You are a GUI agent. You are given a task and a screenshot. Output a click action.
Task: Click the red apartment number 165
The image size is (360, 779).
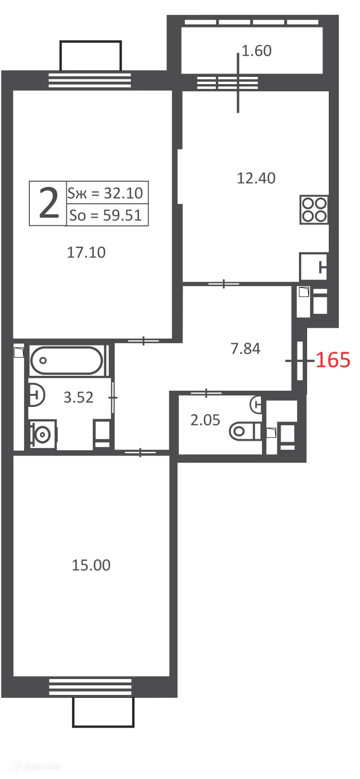click(333, 360)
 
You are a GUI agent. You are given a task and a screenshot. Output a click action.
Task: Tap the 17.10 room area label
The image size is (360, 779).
click(86, 252)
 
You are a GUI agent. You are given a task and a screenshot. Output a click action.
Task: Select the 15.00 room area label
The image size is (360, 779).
click(91, 565)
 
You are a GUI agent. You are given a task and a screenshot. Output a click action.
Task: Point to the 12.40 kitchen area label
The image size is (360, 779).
click(256, 178)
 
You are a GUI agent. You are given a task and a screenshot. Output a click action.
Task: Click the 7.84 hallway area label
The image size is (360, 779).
click(245, 348)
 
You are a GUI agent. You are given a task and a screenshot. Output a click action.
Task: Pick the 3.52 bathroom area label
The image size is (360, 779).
click(78, 397)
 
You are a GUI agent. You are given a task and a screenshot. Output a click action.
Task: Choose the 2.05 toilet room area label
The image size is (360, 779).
click(205, 420)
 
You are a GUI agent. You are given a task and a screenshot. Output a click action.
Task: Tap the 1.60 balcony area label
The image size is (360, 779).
click(257, 51)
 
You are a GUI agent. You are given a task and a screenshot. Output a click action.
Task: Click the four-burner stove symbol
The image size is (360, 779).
click(314, 210)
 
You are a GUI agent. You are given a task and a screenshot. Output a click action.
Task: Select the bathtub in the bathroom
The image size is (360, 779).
click(66, 360)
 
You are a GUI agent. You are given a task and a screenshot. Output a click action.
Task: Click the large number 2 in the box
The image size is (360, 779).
click(48, 203)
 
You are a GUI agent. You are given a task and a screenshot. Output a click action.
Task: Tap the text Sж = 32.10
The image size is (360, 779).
click(106, 193)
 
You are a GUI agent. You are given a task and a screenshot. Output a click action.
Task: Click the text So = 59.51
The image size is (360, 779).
click(106, 215)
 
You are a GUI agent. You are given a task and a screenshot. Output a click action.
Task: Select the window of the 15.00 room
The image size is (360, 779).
click(90, 687)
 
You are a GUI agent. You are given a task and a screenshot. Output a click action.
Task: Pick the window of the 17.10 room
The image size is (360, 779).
click(90, 80)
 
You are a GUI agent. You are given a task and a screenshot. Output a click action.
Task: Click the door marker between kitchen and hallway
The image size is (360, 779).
click(224, 284)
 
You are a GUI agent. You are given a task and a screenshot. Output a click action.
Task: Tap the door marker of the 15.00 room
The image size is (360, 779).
click(140, 452)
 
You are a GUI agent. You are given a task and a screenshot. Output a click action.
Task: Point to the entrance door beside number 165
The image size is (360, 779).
click(300, 360)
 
